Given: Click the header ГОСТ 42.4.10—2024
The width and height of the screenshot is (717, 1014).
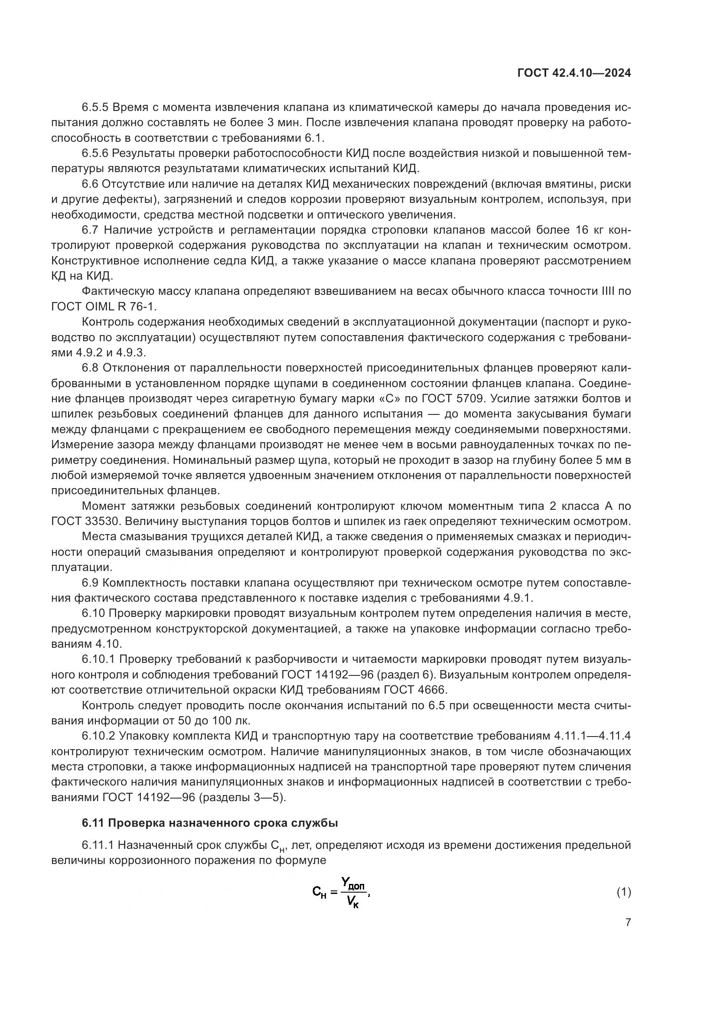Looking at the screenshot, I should (x=574, y=73).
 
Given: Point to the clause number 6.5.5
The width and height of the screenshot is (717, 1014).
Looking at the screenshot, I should (x=95, y=108).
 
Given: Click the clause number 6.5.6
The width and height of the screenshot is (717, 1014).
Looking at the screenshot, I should (x=95, y=153).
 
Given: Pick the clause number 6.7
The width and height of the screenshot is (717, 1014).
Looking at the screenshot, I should (x=91, y=230).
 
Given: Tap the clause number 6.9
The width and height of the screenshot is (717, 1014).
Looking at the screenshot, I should (x=91, y=583).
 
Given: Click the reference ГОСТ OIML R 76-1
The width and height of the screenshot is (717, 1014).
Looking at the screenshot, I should (x=104, y=306).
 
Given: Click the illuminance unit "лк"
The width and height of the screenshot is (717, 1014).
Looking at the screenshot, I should (x=242, y=721).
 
